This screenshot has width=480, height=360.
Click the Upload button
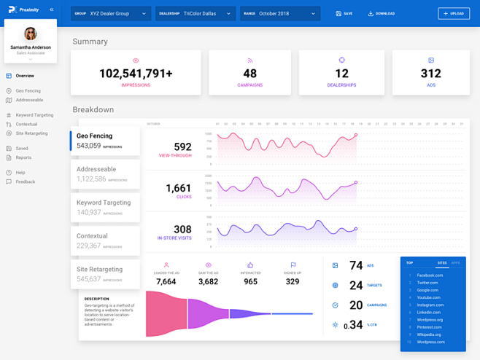(454, 13)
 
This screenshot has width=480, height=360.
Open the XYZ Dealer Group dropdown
(111, 13)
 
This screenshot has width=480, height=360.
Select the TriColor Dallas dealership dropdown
(196, 13)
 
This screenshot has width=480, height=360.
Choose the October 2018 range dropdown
(279, 13)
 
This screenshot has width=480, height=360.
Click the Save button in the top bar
(344, 13)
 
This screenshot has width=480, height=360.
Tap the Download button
(382, 13)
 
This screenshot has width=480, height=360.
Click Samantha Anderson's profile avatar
(31, 34)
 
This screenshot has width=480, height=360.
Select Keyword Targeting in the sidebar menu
(34, 115)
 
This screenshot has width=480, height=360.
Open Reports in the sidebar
(23, 157)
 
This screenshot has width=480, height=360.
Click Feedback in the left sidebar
(25, 181)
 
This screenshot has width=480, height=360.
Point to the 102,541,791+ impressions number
(136, 74)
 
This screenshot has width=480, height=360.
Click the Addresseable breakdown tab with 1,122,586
(105, 173)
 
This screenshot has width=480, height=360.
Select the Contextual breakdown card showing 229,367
(105, 240)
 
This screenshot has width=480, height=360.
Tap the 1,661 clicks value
(178, 188)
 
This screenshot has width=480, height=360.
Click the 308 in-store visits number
(182, 230)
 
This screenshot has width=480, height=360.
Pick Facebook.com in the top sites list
(430, 275)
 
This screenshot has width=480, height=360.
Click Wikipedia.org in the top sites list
(429, 334)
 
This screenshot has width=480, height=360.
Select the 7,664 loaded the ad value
(166, 281)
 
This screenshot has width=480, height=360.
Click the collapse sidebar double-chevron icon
(51, 9)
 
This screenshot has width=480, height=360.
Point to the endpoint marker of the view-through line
(356, 135)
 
